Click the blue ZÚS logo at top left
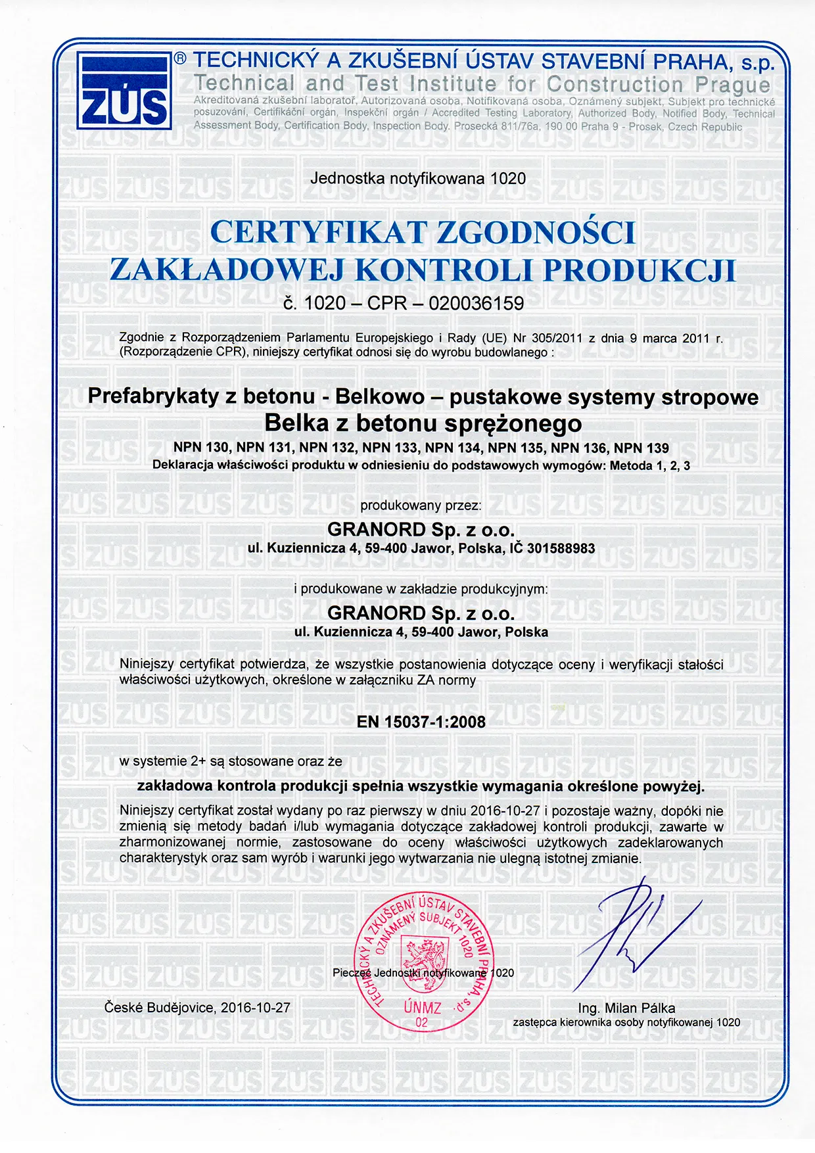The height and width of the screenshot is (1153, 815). (124, 90)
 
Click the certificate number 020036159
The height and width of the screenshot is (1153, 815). (477, 303)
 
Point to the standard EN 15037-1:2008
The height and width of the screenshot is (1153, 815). (421, 722)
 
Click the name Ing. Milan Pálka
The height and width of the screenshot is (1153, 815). (626, 1008)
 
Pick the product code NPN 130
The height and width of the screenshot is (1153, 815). (201, 448)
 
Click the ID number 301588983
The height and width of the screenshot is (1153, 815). (561, 548)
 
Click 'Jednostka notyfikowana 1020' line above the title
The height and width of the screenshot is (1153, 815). (418, 178)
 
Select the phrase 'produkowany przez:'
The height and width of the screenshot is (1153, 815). (421, 506)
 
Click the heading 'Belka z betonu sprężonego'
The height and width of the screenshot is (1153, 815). (423, 423)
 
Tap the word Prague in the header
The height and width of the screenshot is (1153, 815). (732, 85)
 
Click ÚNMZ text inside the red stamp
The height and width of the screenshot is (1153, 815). (422, 1007)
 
